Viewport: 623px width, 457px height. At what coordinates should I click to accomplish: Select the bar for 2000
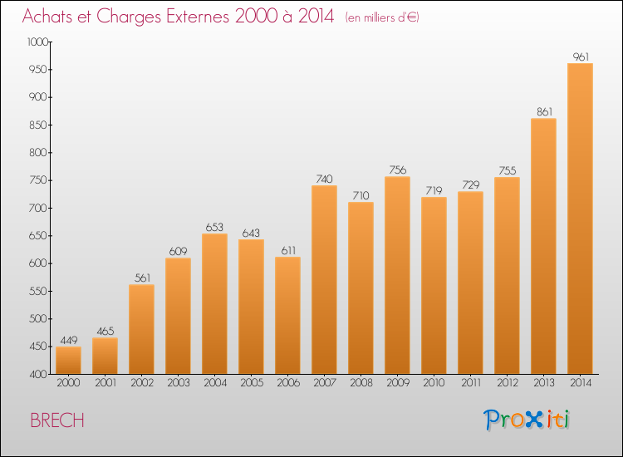[x=68, y=360]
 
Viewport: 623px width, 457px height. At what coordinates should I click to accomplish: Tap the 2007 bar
[x=324, y=279]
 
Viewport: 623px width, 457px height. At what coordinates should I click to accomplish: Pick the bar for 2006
[x=287, y=315]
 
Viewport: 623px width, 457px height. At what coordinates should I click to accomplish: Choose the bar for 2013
[x=543, y=246]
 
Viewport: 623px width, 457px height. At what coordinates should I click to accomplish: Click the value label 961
[x=581, y=57]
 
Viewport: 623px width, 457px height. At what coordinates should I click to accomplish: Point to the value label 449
[x=68, y=340]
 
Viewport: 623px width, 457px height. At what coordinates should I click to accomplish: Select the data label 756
[x=397, y=170]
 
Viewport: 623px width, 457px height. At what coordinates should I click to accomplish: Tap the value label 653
[x=214, y=227]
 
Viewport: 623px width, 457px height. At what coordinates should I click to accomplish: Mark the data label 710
[x=361, y=195]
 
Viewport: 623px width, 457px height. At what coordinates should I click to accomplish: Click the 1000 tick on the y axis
[x=37, y=42]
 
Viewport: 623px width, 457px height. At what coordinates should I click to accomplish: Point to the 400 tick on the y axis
[x=39, y=374]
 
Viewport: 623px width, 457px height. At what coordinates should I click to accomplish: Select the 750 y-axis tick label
[x=39, y=180]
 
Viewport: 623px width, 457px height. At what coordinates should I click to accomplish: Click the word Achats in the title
[x=52, y=17]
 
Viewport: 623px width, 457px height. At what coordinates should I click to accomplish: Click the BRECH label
[x=56, y=420]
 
